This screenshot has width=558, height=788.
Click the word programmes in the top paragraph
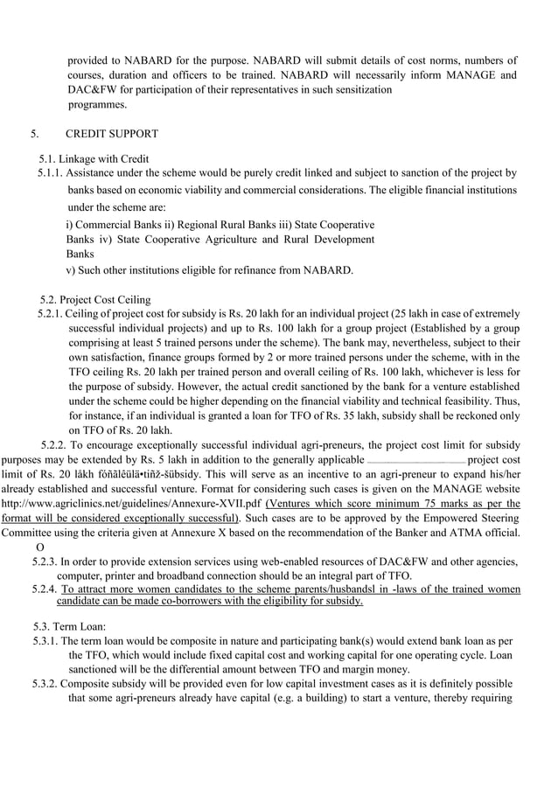coord(97,105)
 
